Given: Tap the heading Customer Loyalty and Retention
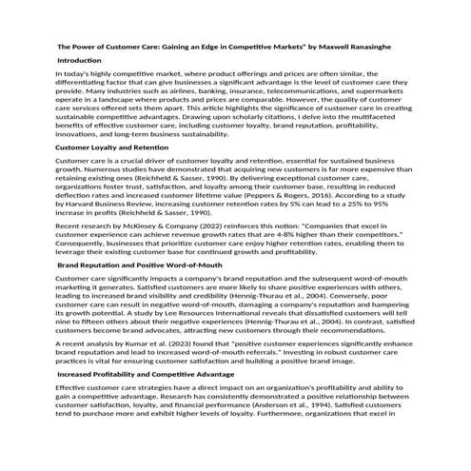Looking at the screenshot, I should (112, 147).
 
